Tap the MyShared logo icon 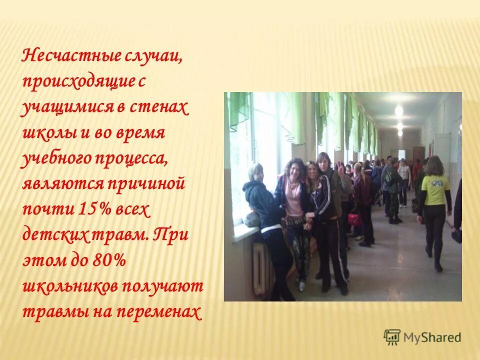click(392, 337)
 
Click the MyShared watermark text click(432, 337)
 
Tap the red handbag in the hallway click(354, 219)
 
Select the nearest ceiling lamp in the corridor click(398, 110)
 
